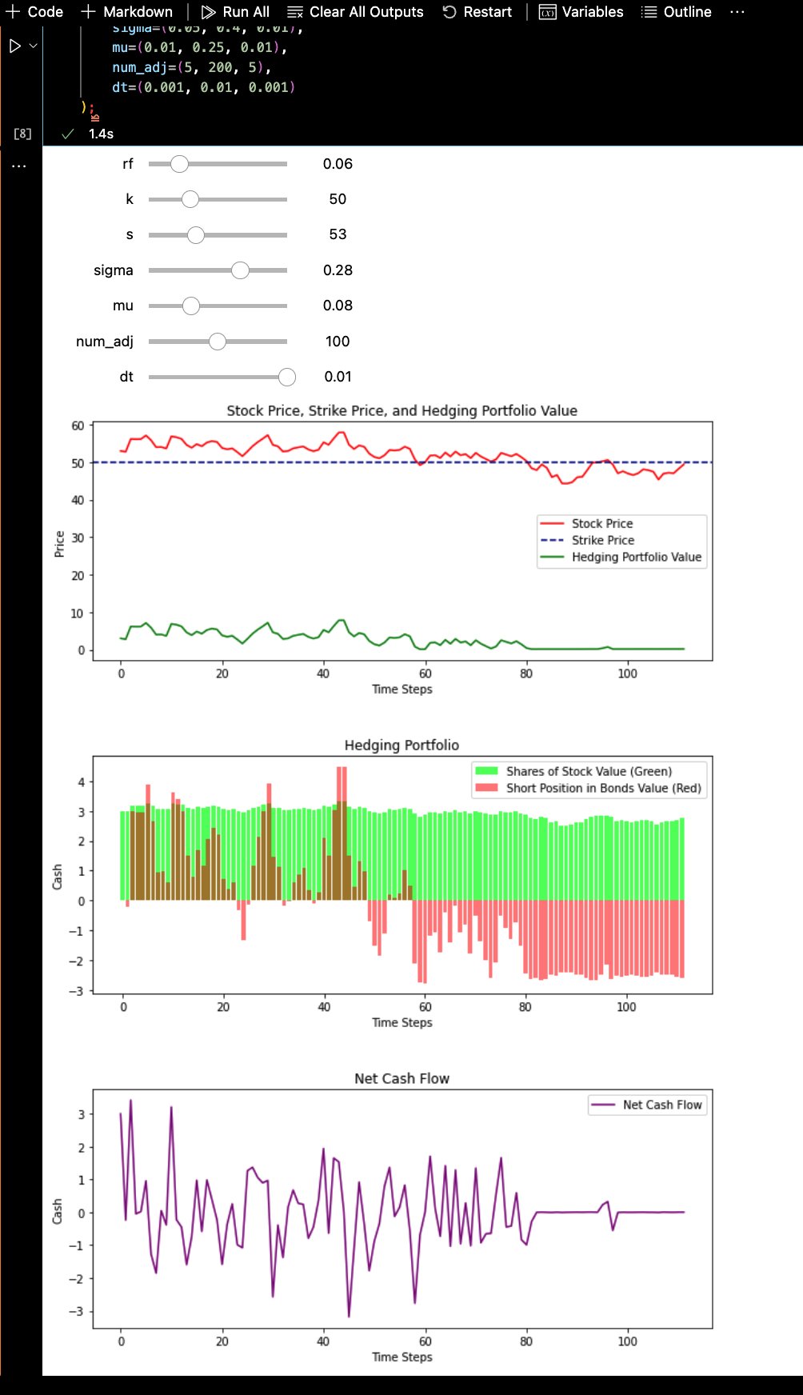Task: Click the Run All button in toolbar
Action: (235, 12)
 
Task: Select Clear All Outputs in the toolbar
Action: (356, 12)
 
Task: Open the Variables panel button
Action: (581, 12)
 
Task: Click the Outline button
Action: (677, 12)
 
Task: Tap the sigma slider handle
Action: (240, 270)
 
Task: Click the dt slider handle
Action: (287, 377)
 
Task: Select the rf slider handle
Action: (179, 164)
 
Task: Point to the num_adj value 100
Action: (338, 342)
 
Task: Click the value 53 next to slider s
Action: (338, 234)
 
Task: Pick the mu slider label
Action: (123, 306)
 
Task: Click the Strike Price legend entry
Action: (602, 541)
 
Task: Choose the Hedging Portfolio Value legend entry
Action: (636, 558)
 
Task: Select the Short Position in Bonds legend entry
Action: (603, 789)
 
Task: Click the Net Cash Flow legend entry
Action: (661, 1105)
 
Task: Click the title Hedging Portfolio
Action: (401, 745)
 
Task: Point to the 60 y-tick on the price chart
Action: (78, 426)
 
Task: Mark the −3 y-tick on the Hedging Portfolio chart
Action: (76, 991)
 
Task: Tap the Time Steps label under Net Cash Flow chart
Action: (401, 1357)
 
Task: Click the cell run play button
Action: (14, 46)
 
